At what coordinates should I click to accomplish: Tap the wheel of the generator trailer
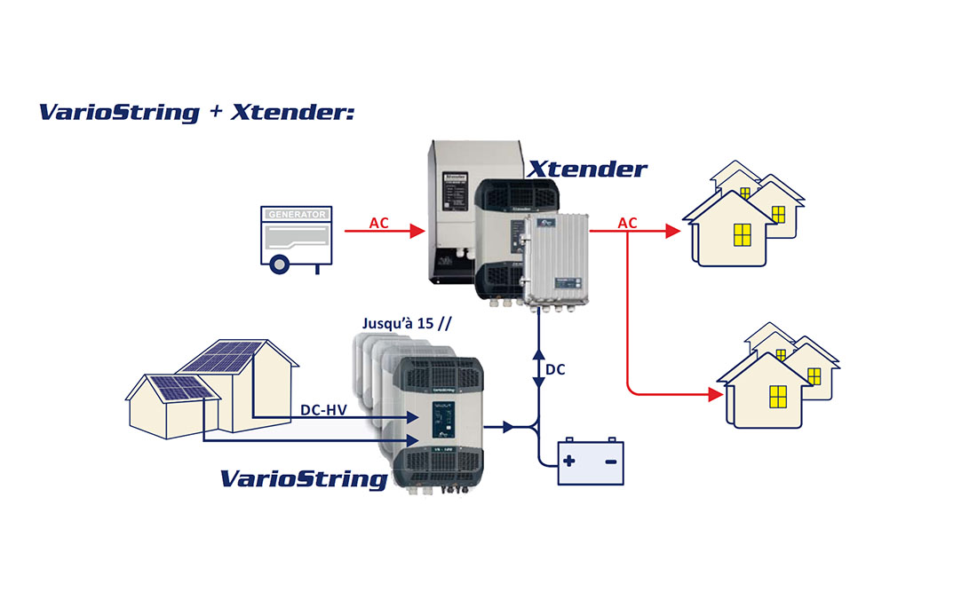click(x=279, y=263)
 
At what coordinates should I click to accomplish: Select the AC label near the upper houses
click(x=627, y=222)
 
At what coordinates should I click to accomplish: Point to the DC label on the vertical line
click(x=555, y=368)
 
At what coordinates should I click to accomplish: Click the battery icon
click(x=590, y=462)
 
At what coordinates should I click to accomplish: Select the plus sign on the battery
click(x=568, y=462)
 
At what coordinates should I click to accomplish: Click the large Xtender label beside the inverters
click(x=587, y=169)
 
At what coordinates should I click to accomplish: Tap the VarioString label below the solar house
click(x=304, y=479)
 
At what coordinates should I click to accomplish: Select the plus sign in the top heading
click(x=215, y=113)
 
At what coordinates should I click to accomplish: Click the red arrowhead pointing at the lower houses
click(x=713, y=394)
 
